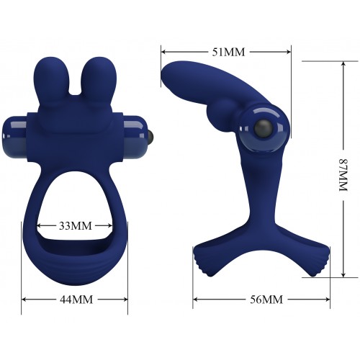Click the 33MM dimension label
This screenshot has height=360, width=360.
[x=76, y=226]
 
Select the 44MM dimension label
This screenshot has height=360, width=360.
[x=76, y=300]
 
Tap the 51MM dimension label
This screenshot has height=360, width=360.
[x=228, y=52]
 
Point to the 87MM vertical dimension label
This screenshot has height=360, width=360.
[x=343, y=174]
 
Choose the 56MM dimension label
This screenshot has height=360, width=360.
[x=266, y=300]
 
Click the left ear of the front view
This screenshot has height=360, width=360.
[x=51, y=81]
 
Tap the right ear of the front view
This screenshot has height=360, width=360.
[x=99, y=81]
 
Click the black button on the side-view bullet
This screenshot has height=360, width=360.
[x=264, y=128]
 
